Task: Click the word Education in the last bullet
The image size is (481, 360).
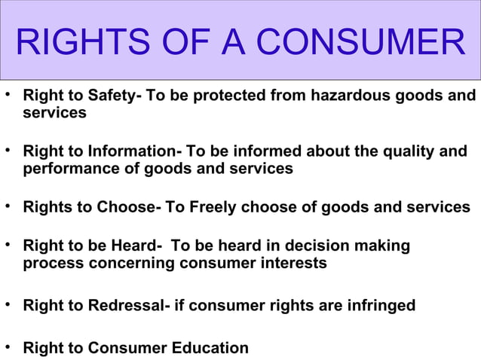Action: pyautogui.click(x=206, y=348)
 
